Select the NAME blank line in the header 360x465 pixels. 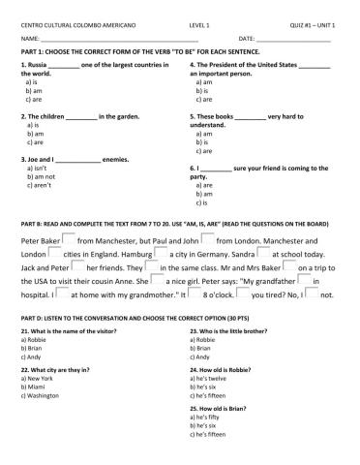click(x=116, y=36)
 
